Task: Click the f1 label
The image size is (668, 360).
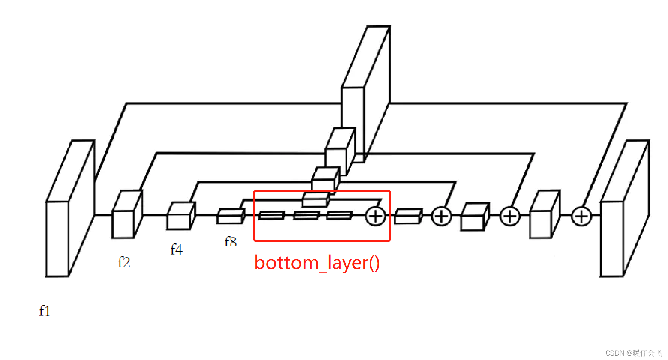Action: [45, 311]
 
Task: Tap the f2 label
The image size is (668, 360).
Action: [124, 262]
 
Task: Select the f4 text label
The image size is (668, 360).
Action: [176, 249]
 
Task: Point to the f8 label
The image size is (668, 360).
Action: [231, 242]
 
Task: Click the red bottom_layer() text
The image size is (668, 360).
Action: [317, 263]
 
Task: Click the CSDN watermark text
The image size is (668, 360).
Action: [634, 353]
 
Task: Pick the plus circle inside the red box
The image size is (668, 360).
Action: [376, 216]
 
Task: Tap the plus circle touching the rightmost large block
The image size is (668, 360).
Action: [581, 216]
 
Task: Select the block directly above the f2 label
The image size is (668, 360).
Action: [126, 215]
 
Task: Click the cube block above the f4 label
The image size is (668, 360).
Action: [181, 216]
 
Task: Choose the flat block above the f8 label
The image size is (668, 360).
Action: [230, 217]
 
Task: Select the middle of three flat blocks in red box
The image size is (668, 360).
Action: [306, 215]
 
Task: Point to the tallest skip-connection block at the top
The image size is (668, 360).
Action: [365, 94]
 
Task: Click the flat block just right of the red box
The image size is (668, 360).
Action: [408, 217]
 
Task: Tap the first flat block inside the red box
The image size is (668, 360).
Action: [271, 215]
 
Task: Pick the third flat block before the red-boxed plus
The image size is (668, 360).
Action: [339, 215]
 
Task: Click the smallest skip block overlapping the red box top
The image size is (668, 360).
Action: [316, 199]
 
